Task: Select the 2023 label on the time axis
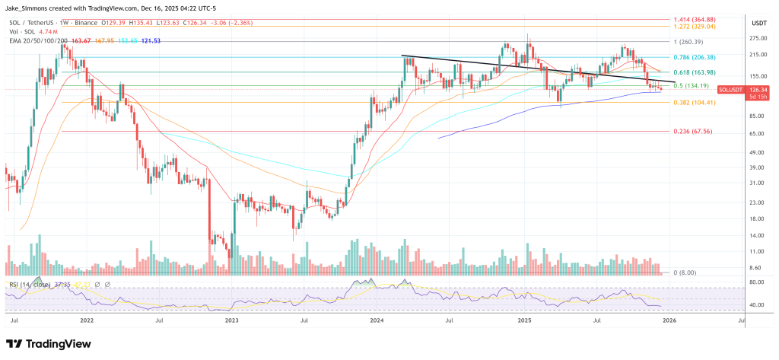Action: (x=234, y=322)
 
